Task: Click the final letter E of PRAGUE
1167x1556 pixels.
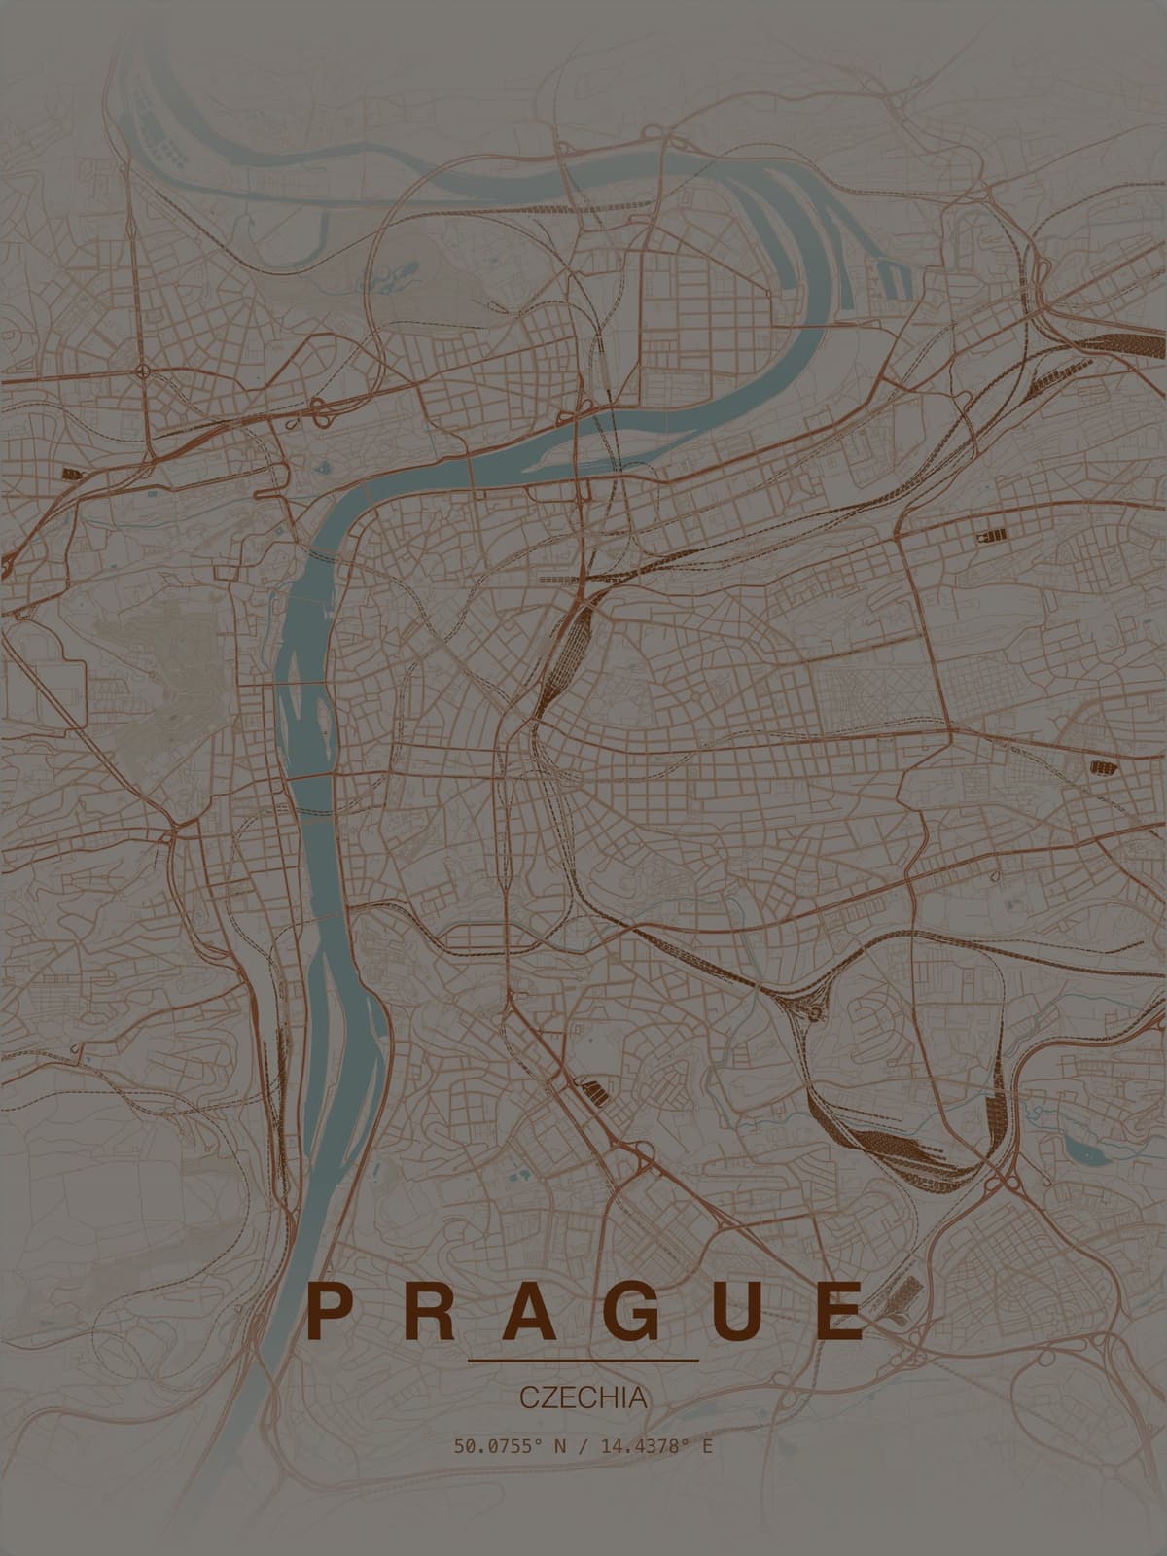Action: coord(843,1312)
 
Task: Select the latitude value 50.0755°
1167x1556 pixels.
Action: coord(497,1446)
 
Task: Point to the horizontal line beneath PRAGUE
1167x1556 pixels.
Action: coord(583,1360)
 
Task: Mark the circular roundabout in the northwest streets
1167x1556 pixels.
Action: coord(144,370)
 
